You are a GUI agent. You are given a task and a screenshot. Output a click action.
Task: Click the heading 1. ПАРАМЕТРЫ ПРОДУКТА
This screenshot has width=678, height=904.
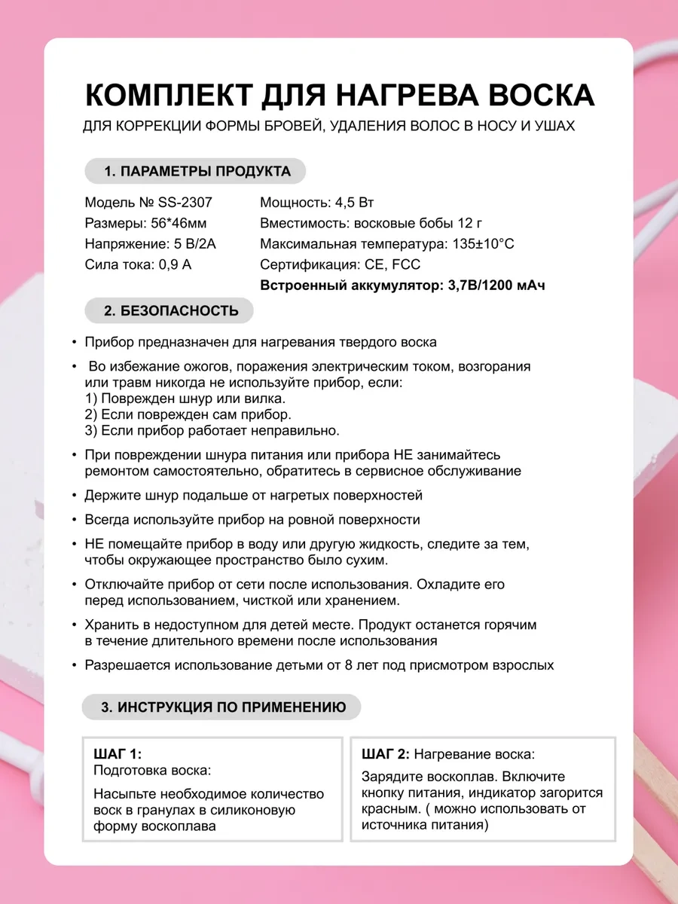195,171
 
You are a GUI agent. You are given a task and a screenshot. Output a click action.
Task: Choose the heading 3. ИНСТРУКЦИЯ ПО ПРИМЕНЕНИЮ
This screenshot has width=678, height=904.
223,707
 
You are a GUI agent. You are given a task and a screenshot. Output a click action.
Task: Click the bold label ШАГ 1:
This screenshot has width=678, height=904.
118,753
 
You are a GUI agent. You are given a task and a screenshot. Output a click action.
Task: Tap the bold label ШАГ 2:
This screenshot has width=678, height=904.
385,753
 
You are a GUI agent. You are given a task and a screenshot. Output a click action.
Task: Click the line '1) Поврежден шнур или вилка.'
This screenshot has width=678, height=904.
185,399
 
